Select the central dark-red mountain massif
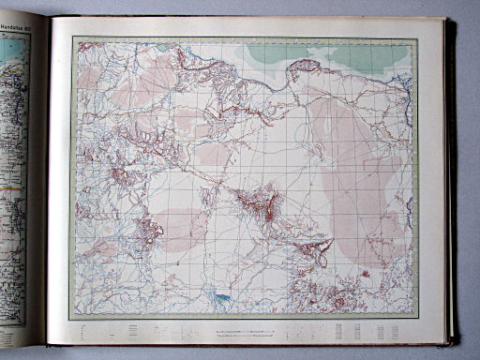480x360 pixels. pos(257,202)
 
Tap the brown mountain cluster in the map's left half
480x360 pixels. pos(145,230)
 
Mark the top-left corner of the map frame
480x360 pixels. pos(75,38)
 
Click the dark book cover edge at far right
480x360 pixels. pos(451,178)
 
